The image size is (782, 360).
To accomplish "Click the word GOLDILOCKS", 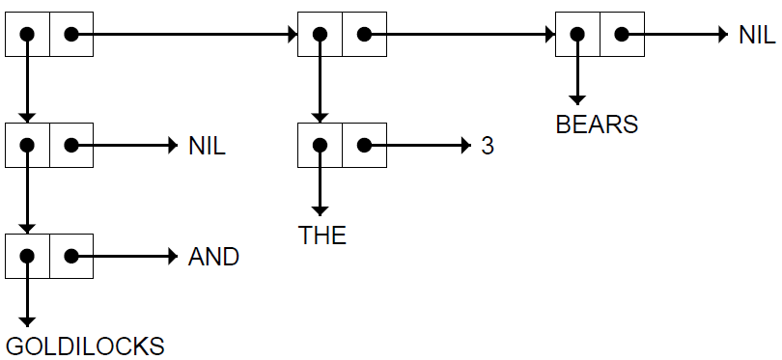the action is coord(85,346).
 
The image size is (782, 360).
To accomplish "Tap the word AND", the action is coord(213,257).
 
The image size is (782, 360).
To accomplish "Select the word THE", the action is coord(322,235).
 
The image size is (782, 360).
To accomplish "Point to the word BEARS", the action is coord(597,125).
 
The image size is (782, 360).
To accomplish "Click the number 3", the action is coord(488,146).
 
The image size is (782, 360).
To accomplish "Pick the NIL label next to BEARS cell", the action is coord(758,35).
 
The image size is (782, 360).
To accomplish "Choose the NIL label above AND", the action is coord(207,146).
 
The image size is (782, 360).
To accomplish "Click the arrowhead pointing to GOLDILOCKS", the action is coord(27,322).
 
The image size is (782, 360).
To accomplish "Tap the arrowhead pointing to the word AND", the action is coord(173,257).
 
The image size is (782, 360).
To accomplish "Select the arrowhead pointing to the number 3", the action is coord(466,146).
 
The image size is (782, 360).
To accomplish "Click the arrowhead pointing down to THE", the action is coord(320,211).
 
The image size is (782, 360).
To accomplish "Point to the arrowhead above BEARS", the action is coord(577,99).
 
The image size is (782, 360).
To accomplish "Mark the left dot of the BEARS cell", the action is coord(577,34).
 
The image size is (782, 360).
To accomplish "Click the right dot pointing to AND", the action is coord(71,257).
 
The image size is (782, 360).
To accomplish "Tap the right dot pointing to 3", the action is coord(364,145).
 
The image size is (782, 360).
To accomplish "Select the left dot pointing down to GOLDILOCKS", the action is coord(27,257).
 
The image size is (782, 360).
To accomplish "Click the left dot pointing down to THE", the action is coord(320,145).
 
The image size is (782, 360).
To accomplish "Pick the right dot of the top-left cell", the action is coord(71,34).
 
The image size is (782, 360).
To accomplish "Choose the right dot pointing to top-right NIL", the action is coord(622,34).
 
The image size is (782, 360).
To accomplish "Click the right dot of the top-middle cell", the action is coord(364,34).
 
